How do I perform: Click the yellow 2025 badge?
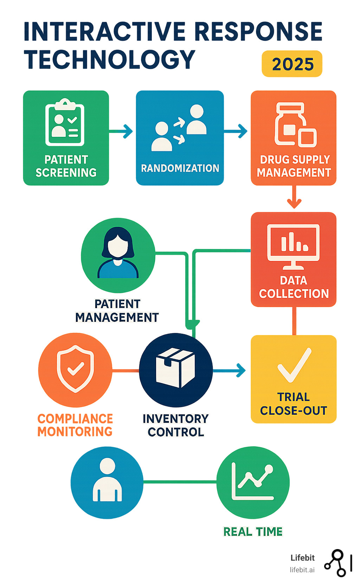tap(292, 64)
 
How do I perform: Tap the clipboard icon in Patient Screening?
tap(65, 123)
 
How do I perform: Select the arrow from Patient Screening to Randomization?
tap(122, 131)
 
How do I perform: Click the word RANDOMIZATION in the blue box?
tap(180, 168)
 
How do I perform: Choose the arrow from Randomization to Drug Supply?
tap(236, 131)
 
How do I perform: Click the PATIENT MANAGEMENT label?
tap(117, 311)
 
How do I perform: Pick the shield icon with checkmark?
tap(75, 368)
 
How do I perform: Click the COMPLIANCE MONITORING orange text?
tap(75, 425)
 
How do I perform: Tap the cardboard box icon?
tap(175, 368)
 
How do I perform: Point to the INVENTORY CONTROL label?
tap(176, 425)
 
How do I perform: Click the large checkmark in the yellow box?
tap(294, 365)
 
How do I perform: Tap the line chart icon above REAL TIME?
tap(253, 482)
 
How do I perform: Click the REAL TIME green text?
tap(253, 531)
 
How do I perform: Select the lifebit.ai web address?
tap(302, 570)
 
